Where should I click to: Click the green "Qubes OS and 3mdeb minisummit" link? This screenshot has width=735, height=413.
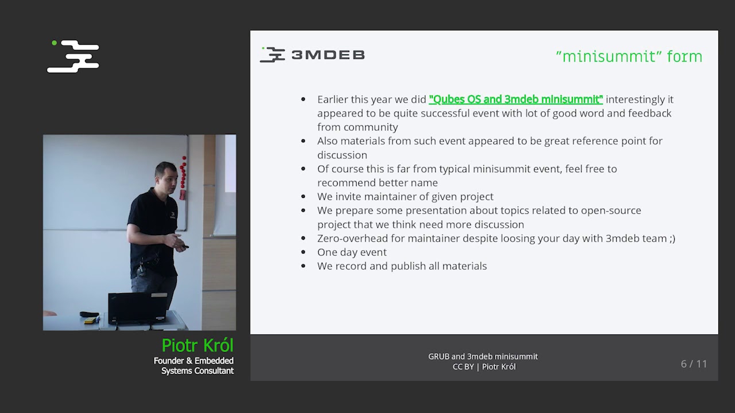point(515,99)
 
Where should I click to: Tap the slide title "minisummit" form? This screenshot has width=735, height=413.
point(629,56)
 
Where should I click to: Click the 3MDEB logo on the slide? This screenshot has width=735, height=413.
point(312,54)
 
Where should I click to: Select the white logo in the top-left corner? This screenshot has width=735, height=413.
point(73,56)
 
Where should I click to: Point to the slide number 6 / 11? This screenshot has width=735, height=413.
point(694,364)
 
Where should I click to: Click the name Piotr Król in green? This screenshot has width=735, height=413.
point(197,345)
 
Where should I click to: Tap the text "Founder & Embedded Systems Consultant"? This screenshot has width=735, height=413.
point(194,366)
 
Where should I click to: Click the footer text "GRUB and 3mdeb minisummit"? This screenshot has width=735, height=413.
point(483,356)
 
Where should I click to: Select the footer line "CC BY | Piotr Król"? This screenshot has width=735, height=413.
point(483,367)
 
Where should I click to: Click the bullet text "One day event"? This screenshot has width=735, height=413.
point(351,252)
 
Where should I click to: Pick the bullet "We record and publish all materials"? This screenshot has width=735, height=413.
point(401,266)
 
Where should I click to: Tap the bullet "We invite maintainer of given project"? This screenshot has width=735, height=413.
point(405,197)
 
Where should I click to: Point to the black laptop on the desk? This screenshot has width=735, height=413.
point(138,307)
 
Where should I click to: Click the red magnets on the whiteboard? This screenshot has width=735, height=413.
point(183,175)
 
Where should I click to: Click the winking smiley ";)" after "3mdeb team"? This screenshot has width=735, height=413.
point(672,239)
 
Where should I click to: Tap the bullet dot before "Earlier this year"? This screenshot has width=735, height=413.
point(303,100)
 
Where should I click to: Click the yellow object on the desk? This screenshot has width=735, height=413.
point(89,321)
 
